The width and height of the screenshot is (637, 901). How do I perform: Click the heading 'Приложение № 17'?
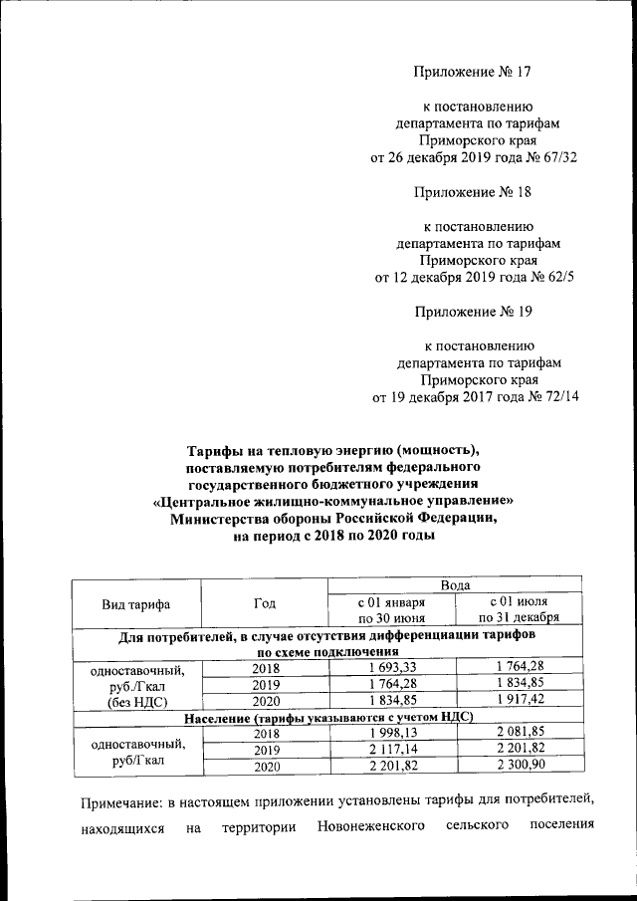tap(473, 71)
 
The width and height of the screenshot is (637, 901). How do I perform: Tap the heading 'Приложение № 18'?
tap(473, 192)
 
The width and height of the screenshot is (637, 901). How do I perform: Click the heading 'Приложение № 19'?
tap(473, 313)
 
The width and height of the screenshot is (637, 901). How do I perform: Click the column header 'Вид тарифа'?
tap(135, 604)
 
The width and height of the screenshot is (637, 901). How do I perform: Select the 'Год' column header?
tap(264, 604)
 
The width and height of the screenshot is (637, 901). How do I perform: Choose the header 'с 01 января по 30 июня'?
tap(391, 610)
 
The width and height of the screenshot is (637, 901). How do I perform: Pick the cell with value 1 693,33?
tap(391, 667)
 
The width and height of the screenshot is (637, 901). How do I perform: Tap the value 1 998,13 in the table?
tap(391, 733)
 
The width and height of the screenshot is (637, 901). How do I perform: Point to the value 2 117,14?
tap(391, 750)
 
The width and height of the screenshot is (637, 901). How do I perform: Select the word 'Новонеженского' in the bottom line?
tap(371, 827)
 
